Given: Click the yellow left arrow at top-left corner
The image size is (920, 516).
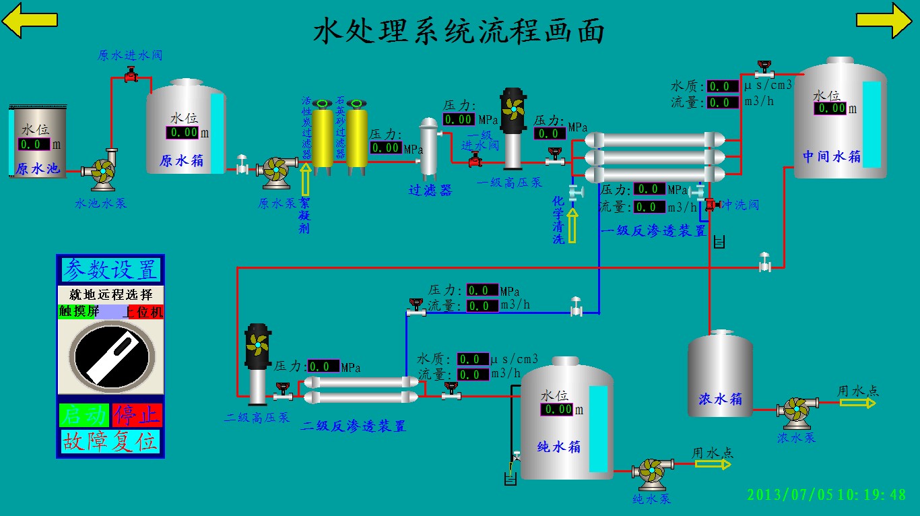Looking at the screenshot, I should tap(29, 20).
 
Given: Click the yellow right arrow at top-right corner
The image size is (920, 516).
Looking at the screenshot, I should tap(884, 20).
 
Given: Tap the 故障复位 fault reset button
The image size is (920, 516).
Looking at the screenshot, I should tap(110, 442).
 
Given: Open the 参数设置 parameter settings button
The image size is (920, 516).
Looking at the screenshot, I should tap(110, 269).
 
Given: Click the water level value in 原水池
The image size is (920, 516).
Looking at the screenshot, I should tap(34, 144).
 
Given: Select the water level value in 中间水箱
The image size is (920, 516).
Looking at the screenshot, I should tap(830, 108).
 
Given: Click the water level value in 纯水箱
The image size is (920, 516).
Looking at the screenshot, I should tap(557, 409).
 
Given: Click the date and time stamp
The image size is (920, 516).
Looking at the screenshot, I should tap(826, 494).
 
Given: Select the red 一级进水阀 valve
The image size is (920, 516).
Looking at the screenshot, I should tap(475, 160).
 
